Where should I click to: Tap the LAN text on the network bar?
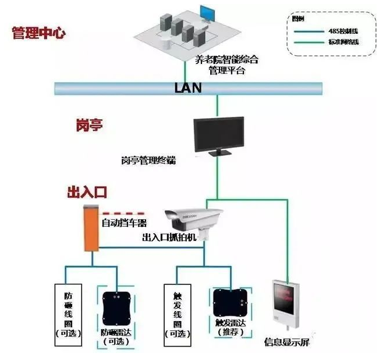pyautogui.click(x=187, y=88)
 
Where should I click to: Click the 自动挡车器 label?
pyautogui.click(x=124, y=222)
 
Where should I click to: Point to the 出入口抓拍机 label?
pyautogui.click(x=171, y=238)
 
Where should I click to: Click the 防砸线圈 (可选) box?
pyautogui.click(x=68, y=312)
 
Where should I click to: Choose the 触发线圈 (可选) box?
pyautogui.click(x=178, y=312)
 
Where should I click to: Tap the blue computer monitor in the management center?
pyautogui.click(x=207, y=13)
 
